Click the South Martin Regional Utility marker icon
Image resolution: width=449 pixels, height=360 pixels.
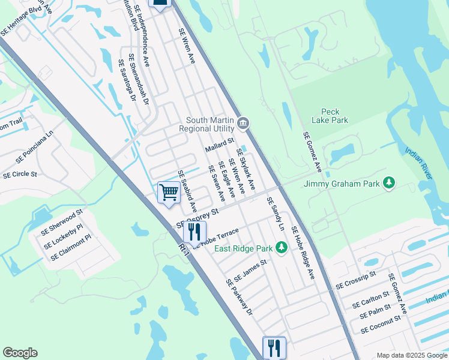(x=243, y=124)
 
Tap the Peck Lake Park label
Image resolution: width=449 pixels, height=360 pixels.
(x=334, y=116)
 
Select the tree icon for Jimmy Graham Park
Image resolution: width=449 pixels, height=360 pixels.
(x=389, y=182)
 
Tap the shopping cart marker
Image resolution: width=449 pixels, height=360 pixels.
(x=169, y=193)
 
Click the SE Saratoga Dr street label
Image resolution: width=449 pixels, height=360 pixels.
(x=127, y=80)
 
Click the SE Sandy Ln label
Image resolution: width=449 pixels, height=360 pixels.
(x=276, y=214)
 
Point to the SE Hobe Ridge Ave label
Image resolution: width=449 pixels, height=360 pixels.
(x=303, y=253)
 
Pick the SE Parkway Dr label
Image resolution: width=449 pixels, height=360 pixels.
(x=240, y=298)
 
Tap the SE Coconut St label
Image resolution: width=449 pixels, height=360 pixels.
(x=381, y=325)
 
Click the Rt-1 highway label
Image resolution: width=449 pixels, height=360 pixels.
(x=184, y=251)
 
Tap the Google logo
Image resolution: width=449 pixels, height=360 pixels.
(x=20, y=353)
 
